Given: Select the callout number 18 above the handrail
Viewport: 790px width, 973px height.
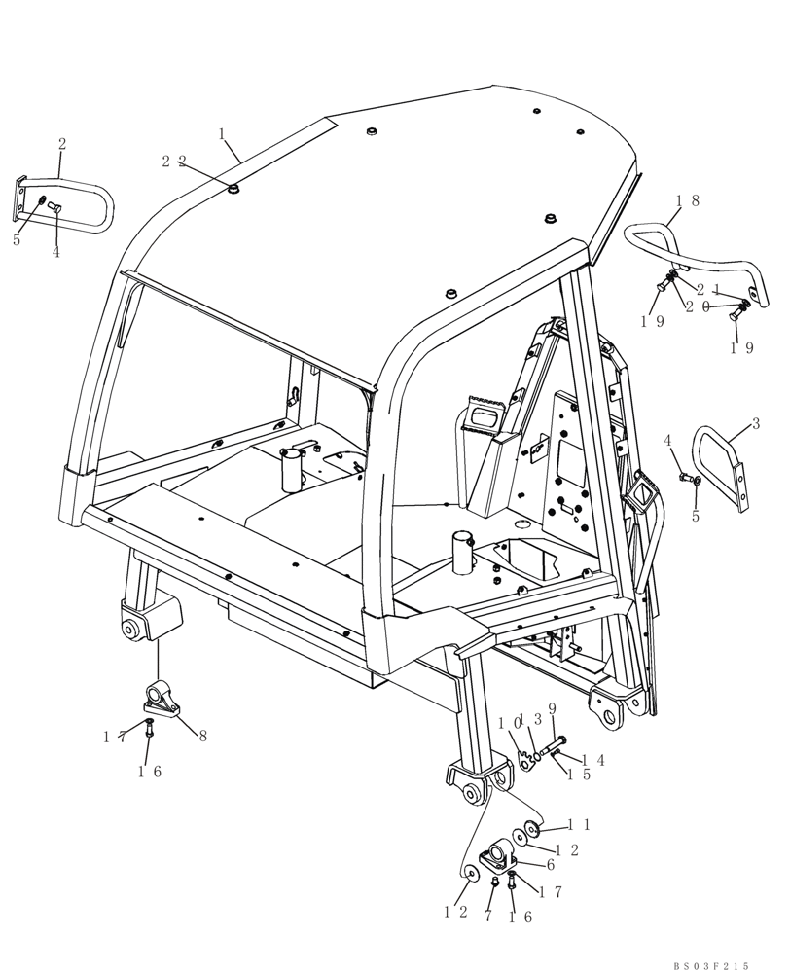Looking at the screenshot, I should tap(688, 200).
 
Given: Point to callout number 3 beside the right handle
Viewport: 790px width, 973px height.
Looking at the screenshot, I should tap(755, 424).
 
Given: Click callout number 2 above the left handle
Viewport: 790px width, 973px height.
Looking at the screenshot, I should tap(62, 144).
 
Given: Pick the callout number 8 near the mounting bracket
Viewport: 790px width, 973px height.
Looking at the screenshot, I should tap(202, 737).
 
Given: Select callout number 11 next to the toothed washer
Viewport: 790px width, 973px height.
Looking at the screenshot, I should tap(579, 825).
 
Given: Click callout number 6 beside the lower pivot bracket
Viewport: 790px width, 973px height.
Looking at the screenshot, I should tap(550, 864).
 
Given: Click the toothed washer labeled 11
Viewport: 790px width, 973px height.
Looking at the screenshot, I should tap(531, 829).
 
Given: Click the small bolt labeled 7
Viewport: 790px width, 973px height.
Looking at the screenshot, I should tap(494, 883).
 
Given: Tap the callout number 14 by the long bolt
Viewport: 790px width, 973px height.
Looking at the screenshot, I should tap(592, 760).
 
